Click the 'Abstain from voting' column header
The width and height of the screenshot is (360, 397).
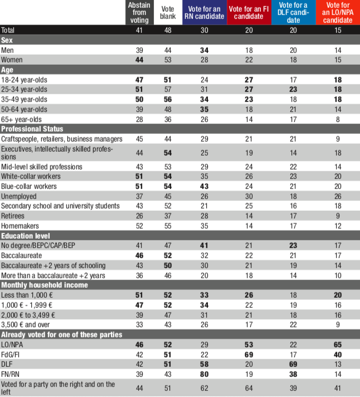tap(139, 12)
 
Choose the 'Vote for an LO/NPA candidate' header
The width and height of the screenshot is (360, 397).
tap(338, 12)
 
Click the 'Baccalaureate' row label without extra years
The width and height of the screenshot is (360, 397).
tap(21, 255)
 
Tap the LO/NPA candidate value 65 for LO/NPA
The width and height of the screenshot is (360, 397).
tap(338, 344)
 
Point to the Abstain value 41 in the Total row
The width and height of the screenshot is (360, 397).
tap(139, 30)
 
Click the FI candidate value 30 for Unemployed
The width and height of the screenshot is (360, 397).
tap(249, 196)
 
